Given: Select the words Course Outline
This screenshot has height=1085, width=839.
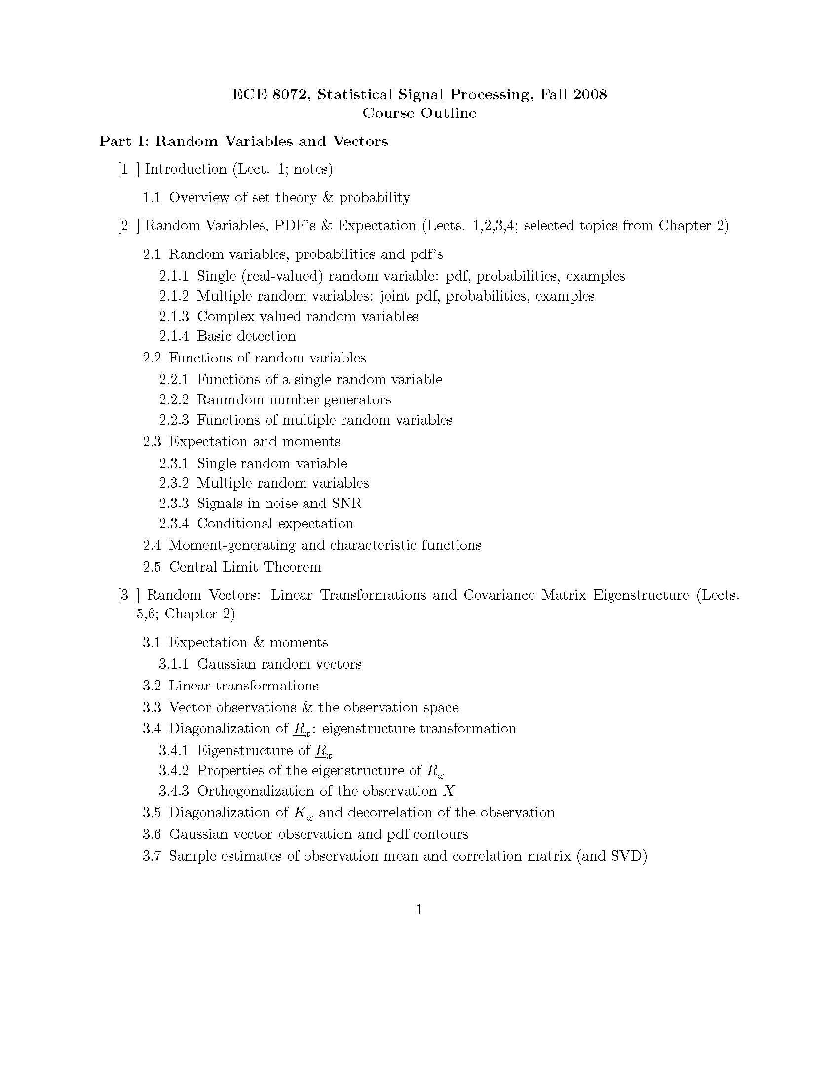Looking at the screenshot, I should tap(419, 113).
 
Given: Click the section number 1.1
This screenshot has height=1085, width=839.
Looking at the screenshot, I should tap(152, 198).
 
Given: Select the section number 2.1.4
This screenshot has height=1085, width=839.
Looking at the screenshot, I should tap(173, 336).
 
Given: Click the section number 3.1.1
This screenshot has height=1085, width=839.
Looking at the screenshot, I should tap(173, 664).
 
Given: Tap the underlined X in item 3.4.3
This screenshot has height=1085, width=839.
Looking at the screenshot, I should tap(449, 791).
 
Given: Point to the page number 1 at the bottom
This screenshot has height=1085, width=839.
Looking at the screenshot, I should tap(419, 909).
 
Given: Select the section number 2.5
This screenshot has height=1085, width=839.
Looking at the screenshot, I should tap(152, 567).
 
